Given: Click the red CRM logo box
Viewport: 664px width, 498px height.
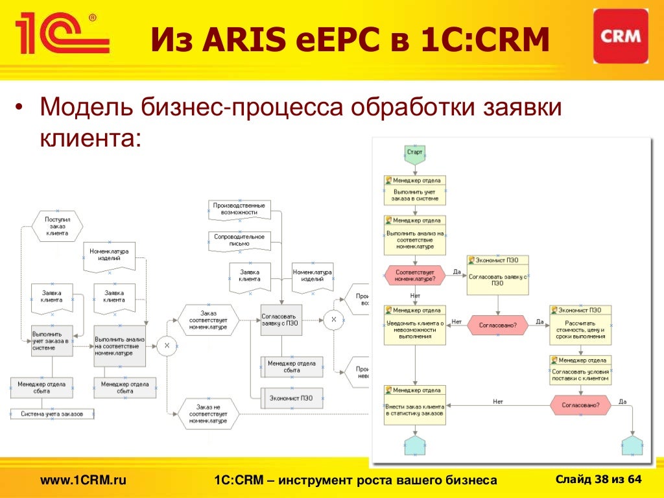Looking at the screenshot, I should click(x=621, y=36).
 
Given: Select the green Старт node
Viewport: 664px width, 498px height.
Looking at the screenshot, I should click(x=415, y=152).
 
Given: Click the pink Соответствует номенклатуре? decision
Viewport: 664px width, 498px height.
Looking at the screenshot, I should click(x=415, y=276).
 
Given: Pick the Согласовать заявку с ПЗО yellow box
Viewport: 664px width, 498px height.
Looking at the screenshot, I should click(x=497, y=279).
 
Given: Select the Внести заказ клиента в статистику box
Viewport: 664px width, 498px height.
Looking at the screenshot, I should click(x=415, y=409).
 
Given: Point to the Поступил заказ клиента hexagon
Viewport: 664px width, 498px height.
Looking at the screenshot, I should click(x=57, y=226).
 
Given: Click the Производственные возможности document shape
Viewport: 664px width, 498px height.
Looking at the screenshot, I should click(x=239, y=209).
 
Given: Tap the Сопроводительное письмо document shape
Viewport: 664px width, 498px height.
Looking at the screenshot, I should click(x=239, y=240).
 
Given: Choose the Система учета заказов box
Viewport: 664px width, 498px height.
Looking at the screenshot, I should click(x=53, y=414).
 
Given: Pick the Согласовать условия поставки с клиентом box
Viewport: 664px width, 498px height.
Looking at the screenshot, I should click(x=580, y=375).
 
